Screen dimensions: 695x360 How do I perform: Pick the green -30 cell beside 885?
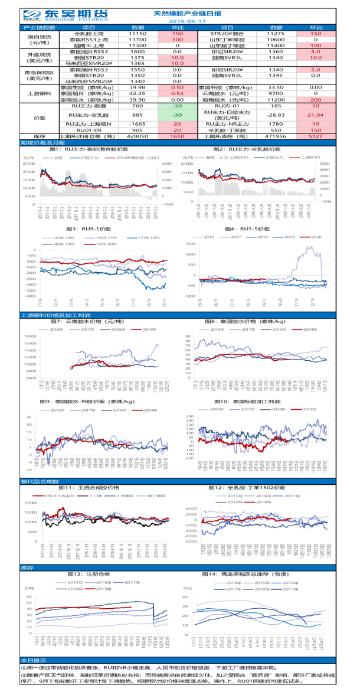[177, 115]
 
